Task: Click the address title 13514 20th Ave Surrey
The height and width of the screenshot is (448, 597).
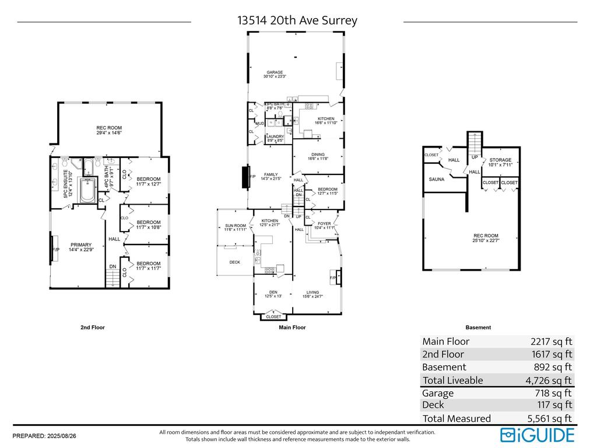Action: pos(297,20)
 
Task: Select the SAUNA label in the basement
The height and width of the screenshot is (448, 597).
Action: pos(437,180)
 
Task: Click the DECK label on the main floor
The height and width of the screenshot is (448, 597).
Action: pos(234,262)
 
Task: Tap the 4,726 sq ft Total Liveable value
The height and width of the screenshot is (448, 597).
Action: pos(549,380)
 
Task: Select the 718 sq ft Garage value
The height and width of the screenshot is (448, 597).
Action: pos(554,393)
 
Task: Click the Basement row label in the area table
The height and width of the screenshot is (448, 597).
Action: pos(444,367)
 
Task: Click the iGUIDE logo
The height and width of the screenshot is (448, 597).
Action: pos(537,435)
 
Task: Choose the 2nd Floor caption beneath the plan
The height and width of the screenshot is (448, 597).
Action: pos(93,328)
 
